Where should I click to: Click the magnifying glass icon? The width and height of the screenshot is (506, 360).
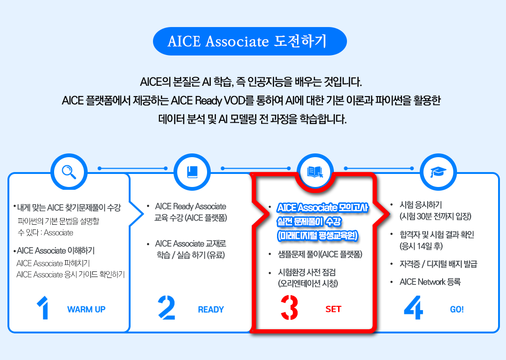tap(69, 172)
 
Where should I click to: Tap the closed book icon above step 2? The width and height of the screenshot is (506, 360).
tap(192, 172)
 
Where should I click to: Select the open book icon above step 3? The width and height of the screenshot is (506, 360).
tap(315, 172)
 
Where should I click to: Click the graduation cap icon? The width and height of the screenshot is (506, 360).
tap(438, 172)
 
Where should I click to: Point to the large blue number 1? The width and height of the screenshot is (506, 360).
tap(43, 308)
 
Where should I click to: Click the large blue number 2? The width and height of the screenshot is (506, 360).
tap(166, 308)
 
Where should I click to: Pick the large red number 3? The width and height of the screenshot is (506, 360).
tap(289, 308)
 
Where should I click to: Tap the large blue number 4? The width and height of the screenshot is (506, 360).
tap(413, 308)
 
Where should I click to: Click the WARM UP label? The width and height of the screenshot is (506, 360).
tap(86, 309)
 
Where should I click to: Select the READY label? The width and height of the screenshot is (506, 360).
tap(211, 310)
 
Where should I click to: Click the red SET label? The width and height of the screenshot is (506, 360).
tap(333, 309)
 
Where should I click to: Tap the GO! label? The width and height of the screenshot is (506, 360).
tap(457, 310)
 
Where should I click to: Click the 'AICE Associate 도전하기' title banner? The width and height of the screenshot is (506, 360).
tap(250, 42)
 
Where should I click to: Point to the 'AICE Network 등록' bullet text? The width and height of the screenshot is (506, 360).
tap(430, 282)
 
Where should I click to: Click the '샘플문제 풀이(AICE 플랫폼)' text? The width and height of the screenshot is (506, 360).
tap(320, 255)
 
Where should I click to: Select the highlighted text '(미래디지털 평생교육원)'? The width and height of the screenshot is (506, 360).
tap(318, 235)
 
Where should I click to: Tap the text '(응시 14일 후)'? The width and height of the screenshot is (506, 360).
tap(421, 246)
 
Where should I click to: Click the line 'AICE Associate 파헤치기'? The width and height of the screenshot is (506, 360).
tap(53, 263)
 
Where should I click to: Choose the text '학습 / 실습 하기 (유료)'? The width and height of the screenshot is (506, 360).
tap(191, 255)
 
